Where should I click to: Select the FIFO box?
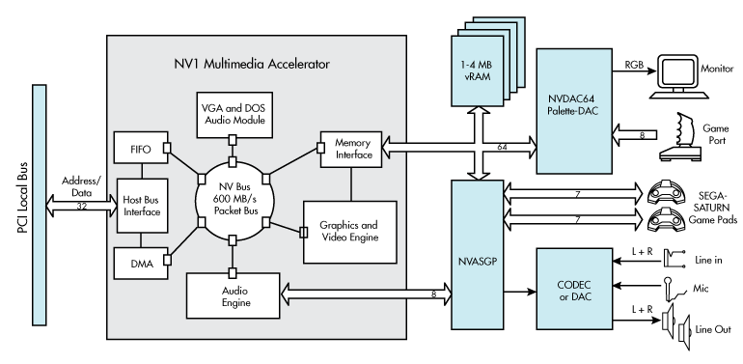point(137,151)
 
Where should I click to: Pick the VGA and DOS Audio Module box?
point(234,115)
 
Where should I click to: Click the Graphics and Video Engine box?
point(348,232)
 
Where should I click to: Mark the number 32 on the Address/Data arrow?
point(82,207)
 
